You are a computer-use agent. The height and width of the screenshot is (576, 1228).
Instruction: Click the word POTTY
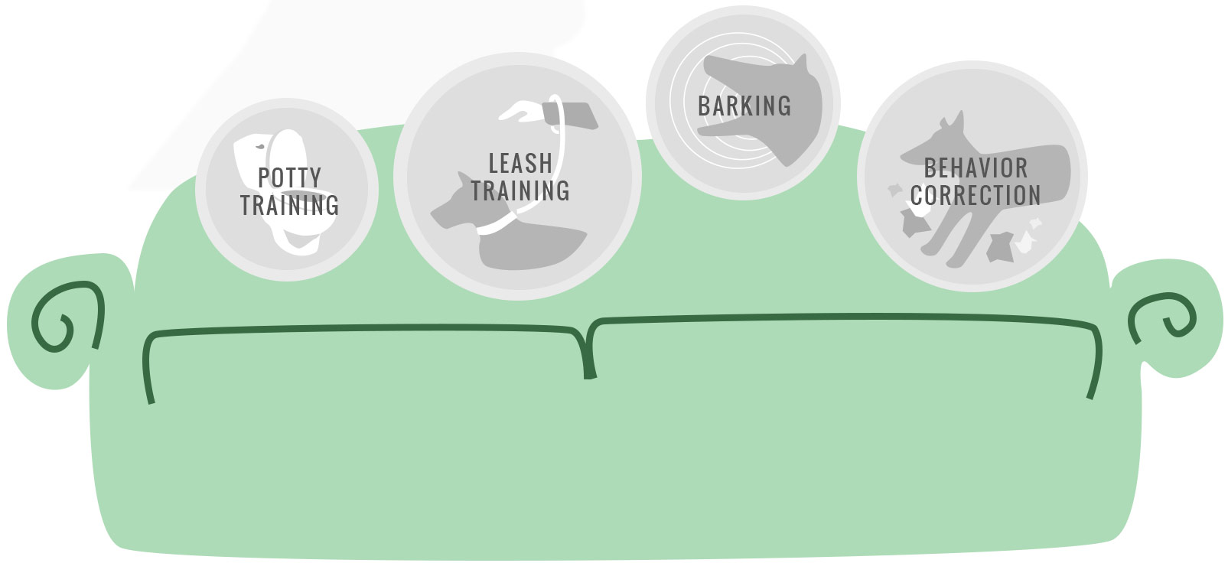pyautogui.click(x=289, y=177)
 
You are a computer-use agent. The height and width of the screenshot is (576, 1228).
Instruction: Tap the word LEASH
pyautogui.click(x=520, y=163)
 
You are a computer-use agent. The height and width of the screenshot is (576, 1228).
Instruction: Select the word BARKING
pyautogui.click(x=744, y=106)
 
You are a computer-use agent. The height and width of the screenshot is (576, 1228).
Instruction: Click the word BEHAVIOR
pyautogui.click(x=976, y=168)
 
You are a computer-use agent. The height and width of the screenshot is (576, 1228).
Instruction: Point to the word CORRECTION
pyautogui.click(x=976, y=195)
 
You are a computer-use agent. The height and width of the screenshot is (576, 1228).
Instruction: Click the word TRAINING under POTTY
pyautogui.click(x=289, y=205)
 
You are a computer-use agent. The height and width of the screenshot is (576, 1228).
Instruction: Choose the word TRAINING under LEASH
pyautogui.click(x=520, y=190)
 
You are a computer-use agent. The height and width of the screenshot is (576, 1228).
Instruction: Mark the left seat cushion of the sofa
pyautogui.click(x=360, y=428)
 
